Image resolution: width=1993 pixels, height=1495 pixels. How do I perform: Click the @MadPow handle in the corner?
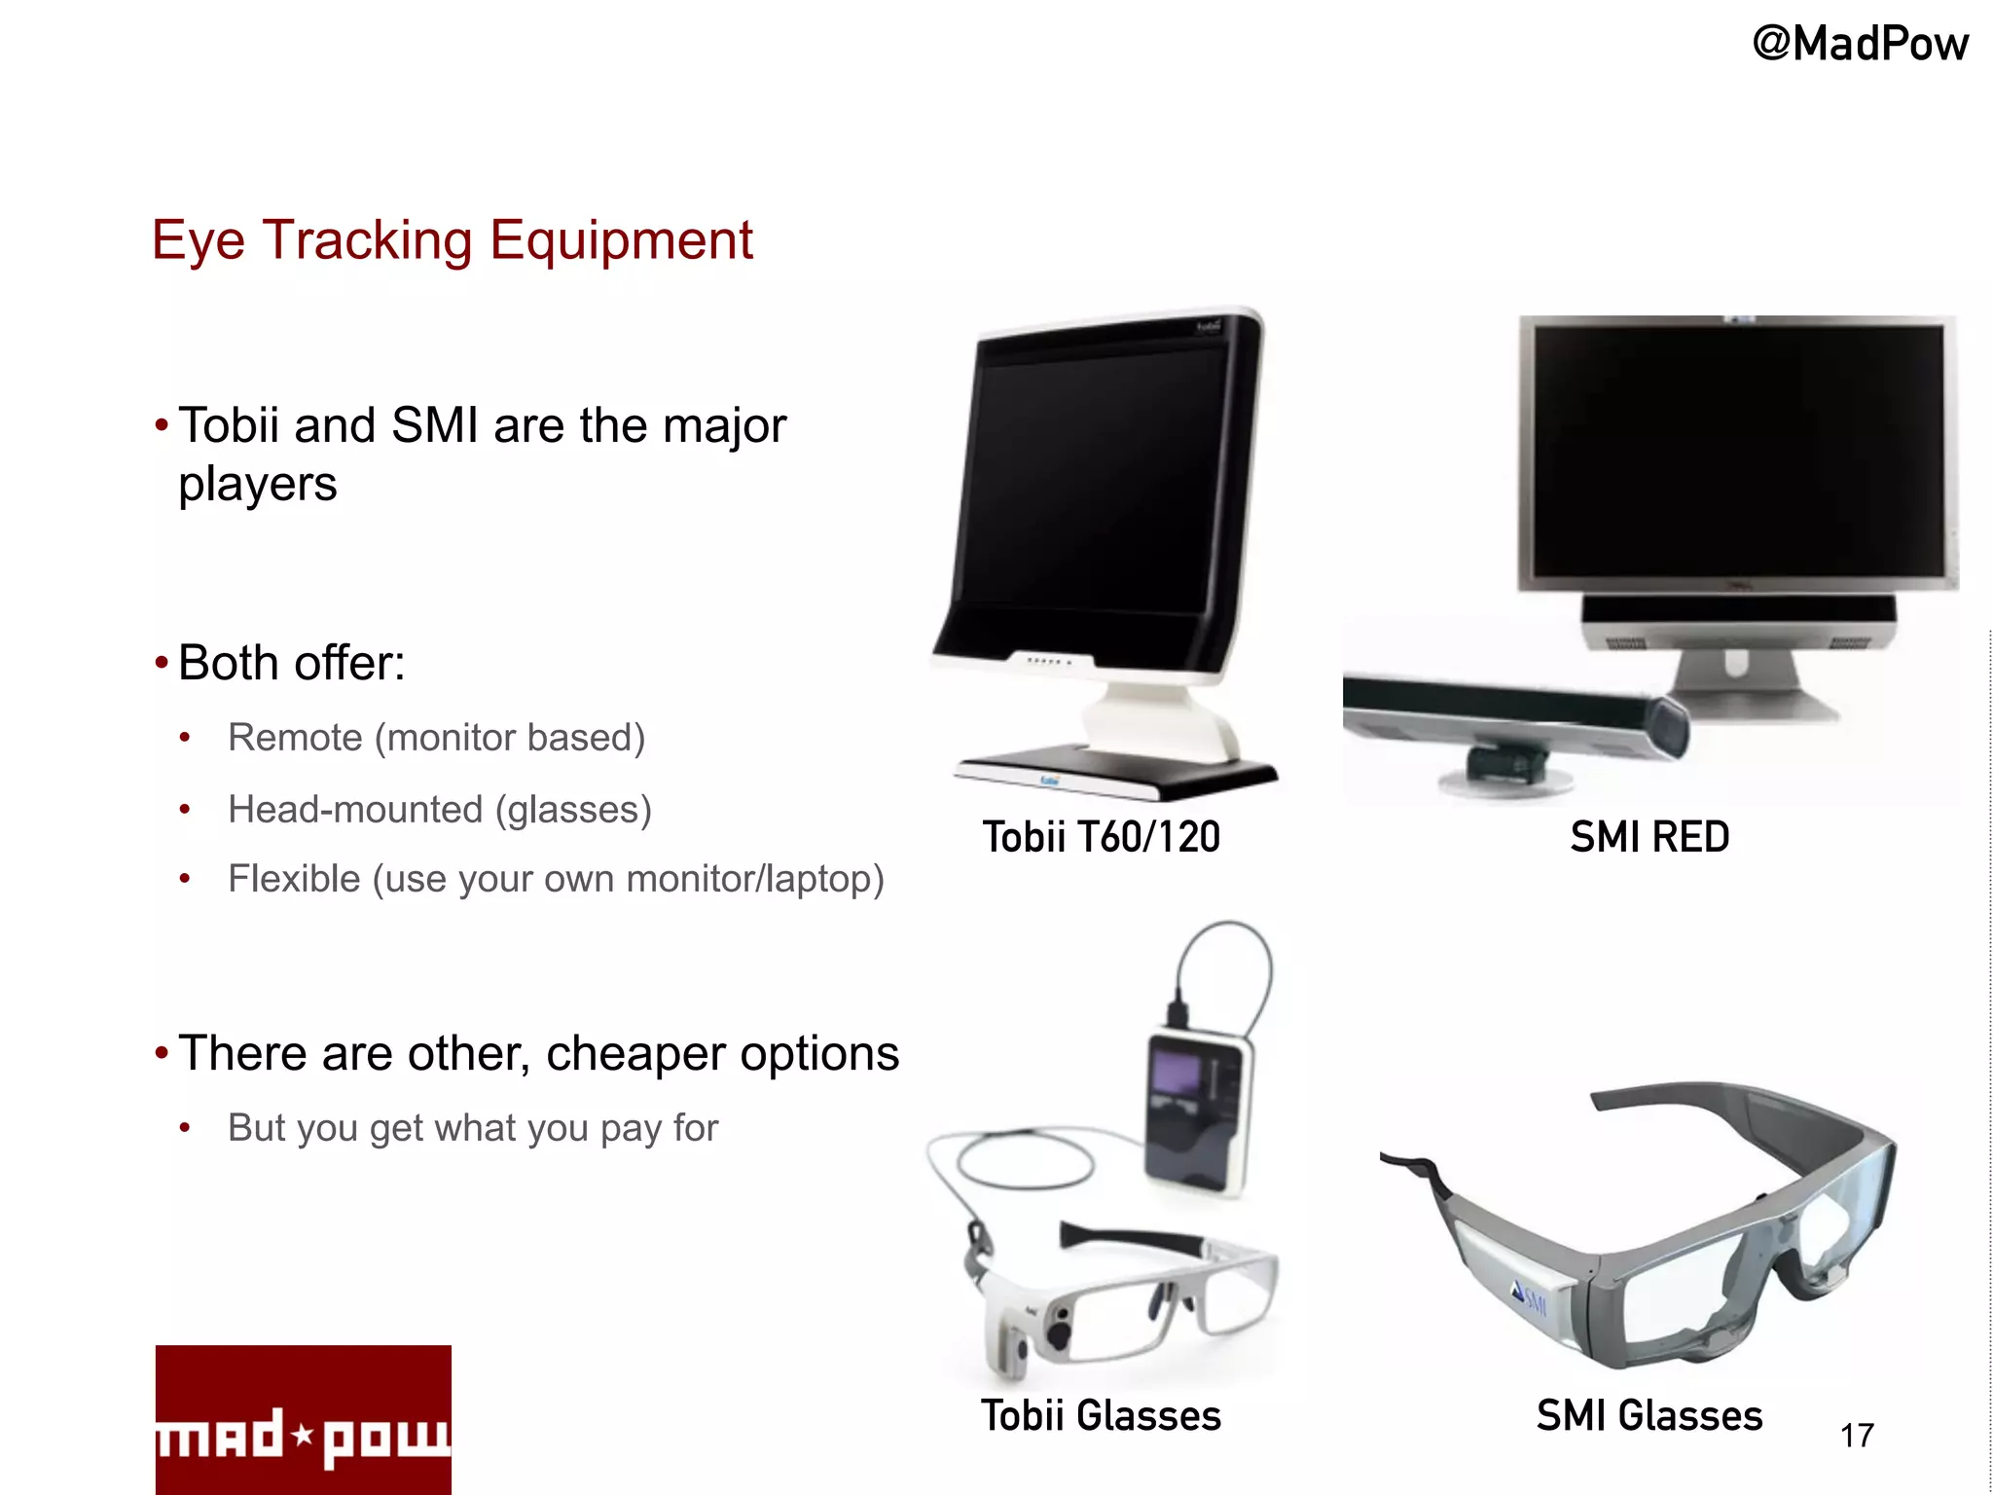coord(1860,45)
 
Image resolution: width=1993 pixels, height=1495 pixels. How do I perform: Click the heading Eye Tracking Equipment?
coord(453,240)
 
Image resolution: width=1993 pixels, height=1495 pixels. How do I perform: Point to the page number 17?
coord(1857,1436)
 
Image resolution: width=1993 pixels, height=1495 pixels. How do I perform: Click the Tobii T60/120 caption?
coord(1101,837)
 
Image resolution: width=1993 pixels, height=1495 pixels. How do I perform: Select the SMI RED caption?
coord(1649,837)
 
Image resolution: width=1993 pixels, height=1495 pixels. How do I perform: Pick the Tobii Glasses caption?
coord(1101,1415)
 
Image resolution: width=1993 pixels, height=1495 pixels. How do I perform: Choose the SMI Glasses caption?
coord(1649,1415)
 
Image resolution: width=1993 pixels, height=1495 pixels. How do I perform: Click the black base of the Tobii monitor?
coord(1119,769)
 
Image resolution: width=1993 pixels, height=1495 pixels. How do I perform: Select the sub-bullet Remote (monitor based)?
coord(436,738)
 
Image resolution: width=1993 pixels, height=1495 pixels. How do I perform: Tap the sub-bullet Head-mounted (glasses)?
coord(439,810)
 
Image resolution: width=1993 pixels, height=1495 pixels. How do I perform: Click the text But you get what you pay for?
coord(473,1128)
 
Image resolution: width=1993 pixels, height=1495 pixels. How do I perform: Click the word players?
coord(258,485)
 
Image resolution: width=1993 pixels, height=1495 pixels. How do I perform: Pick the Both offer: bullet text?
coord(292,664)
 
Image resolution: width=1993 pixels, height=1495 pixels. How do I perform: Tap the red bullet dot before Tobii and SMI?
coord(162,425)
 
